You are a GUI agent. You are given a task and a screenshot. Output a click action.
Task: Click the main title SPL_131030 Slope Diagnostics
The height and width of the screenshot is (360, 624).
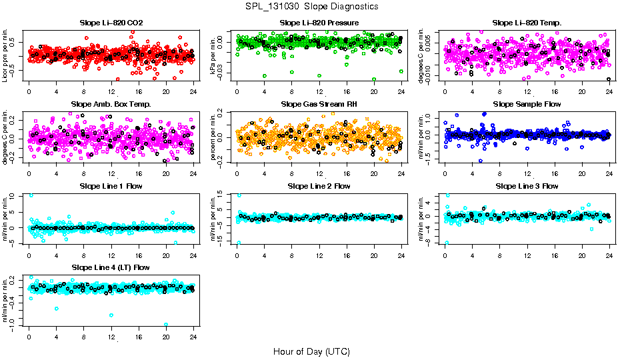click(x=311, y=6)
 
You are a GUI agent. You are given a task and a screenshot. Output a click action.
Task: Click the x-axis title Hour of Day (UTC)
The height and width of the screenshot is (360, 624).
click(x=311, y=351)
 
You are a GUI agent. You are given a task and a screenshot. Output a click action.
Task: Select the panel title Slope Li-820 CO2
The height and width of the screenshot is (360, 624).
click(x=111, y=23)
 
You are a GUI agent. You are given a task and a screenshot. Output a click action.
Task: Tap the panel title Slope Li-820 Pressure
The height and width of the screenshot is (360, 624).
click(x=319, y=23)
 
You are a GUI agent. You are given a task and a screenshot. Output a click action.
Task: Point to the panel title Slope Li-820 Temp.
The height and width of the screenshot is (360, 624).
click(x=527, y=23)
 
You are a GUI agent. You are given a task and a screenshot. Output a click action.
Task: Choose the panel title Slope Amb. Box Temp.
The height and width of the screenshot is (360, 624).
click(x=111, y=104)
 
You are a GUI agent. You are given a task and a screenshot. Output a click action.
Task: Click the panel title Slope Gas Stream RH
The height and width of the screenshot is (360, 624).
click(x=319, y=104)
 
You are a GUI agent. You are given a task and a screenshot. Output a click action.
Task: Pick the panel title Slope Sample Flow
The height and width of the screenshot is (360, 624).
click(x=527, y=104)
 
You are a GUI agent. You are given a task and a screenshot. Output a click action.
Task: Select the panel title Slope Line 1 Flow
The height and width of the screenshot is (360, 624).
click(x=111, y=185)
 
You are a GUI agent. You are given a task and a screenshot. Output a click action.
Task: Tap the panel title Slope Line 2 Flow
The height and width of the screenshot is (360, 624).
click(x=319, y=185)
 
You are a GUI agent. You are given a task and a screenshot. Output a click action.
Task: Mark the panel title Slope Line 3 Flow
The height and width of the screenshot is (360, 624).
click(x=527, y=185)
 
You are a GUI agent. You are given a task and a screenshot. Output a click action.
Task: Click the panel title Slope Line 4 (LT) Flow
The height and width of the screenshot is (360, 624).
click(x=111, y=267)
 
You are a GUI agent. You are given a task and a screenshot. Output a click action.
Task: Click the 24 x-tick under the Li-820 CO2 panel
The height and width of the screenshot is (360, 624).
click(x=193, y=91)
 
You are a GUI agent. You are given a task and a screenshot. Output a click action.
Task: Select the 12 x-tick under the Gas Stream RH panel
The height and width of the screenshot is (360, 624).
click(x=319, y=173)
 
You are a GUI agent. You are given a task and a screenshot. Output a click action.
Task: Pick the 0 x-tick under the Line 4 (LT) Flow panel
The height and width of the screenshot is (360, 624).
click(x=29, y=337)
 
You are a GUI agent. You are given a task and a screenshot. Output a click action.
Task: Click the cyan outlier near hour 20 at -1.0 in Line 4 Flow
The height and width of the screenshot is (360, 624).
click(x=166, y=325)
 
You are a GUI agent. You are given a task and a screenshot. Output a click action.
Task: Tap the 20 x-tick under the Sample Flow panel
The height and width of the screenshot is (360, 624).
click(x=582, y=173)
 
